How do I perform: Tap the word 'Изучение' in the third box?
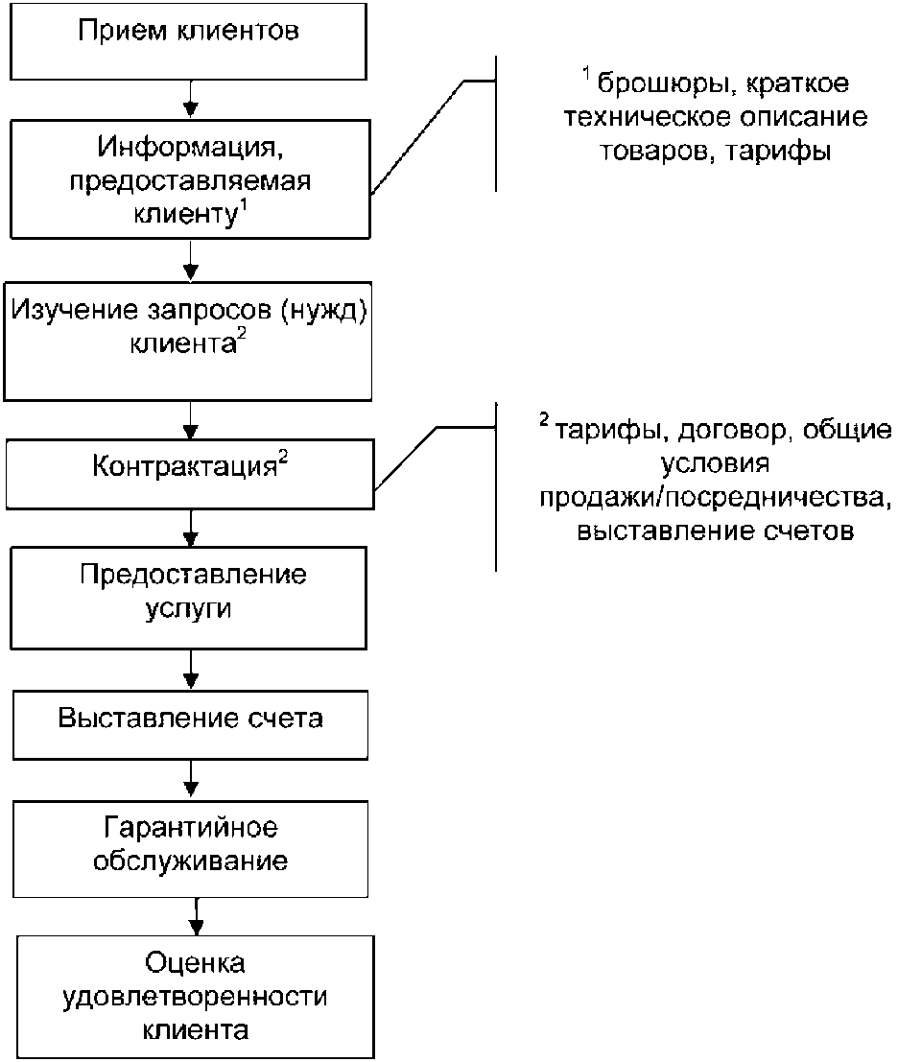[x=75, y=310]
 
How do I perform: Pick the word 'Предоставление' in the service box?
[x=193, y=575]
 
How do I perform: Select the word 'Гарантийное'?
[x=190, y=828]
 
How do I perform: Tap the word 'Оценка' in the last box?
[x=195, y=962]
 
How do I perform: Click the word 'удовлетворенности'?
[x=195, y=997]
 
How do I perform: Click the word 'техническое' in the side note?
[x=646, y=117]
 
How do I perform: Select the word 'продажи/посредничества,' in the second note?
[x=715, y=498]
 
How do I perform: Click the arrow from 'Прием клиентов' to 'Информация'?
[x=191, y=100]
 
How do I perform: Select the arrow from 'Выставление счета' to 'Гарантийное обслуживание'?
[x=191, y=780]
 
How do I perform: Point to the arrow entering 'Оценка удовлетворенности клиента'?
[x=196, y=917]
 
